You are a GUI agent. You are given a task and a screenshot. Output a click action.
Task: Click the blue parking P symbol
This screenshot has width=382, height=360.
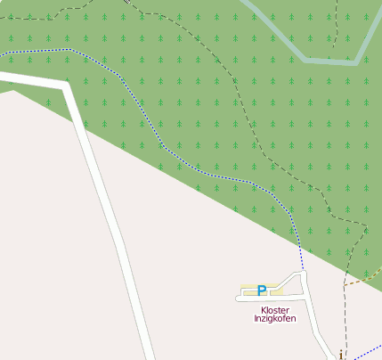261,290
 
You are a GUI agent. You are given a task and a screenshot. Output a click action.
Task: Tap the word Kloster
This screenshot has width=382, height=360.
275,309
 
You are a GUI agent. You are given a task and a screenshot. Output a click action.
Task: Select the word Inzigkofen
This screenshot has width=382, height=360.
275,318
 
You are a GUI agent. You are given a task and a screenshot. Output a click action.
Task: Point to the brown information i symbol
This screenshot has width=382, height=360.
341,355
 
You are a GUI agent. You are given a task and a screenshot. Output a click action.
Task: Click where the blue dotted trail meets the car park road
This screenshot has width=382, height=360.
303,271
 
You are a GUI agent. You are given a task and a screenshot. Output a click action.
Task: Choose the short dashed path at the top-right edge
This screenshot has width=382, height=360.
337,22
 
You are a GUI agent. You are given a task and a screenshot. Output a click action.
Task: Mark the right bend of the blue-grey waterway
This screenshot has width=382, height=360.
357,61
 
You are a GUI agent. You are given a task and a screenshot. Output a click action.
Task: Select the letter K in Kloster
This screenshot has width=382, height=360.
264,309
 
